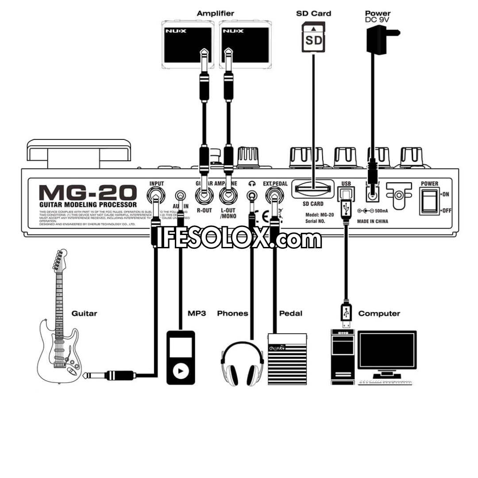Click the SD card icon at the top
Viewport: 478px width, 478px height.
314,37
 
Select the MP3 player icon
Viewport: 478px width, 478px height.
180,358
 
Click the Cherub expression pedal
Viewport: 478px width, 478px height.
287,358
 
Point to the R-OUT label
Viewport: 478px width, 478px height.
204,211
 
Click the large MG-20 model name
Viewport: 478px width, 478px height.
88,193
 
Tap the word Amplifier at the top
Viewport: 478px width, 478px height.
215,14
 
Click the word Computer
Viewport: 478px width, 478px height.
379,313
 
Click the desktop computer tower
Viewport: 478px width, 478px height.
343,357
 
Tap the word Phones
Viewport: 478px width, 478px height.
232,313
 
